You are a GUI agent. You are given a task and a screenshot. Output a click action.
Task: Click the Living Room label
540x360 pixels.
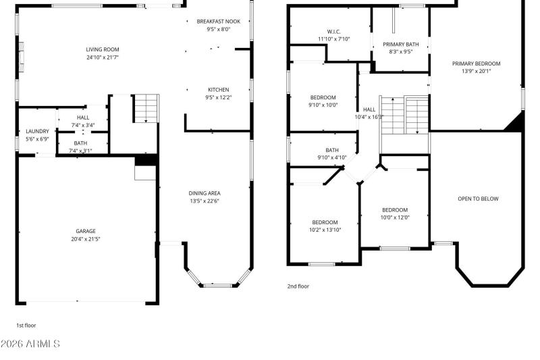102,49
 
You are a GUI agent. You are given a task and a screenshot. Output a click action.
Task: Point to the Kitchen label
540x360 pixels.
218,90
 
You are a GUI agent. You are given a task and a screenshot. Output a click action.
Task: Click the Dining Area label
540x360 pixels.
204,193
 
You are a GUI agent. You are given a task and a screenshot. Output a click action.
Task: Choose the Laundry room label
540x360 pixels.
37,131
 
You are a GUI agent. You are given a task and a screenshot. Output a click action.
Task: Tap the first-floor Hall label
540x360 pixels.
82,117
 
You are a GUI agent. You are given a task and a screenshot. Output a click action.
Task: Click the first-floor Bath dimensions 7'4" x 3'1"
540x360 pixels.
80,151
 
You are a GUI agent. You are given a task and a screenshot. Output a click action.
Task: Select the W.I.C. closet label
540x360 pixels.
333,31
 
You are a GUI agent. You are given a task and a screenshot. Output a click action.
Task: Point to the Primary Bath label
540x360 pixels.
401,45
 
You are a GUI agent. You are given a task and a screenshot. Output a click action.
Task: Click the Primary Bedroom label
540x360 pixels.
476,63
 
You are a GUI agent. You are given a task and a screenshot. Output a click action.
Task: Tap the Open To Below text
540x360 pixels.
478,199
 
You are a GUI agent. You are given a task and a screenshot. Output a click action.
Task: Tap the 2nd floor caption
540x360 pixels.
299,286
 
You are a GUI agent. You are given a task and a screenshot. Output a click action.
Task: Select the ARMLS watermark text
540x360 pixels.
30,344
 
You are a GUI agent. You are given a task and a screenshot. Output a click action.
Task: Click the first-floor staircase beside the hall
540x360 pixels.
145,108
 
